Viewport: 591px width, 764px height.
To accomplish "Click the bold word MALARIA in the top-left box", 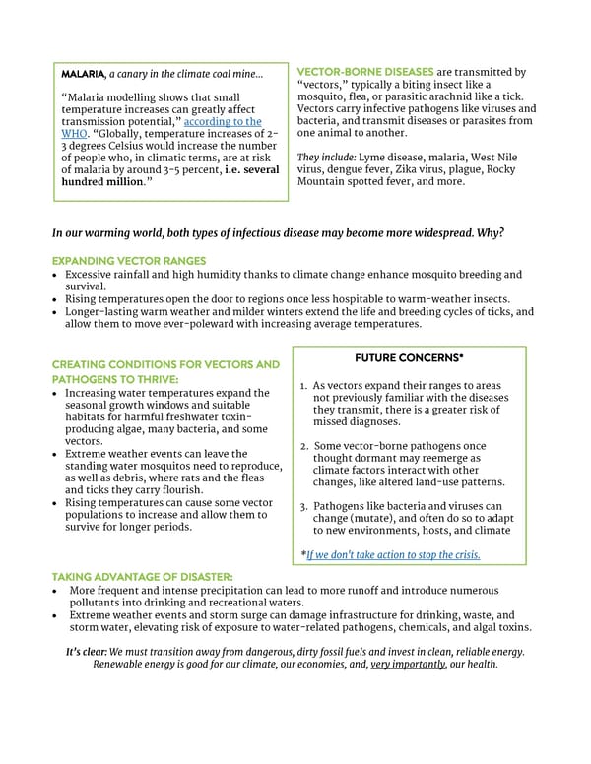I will coord(84,74).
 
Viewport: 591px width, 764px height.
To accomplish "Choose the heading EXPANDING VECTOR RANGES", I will coord(128,260).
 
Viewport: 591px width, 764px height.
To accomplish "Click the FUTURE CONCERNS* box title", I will coord(409,358).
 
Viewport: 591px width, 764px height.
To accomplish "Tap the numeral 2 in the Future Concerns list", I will coord(304,447).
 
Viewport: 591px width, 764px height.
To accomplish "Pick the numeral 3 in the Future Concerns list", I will coord(304,507).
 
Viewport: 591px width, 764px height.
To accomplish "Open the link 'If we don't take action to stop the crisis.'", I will coord(393,554).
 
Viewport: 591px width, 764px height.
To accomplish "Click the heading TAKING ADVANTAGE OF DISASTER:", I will coord(142,575).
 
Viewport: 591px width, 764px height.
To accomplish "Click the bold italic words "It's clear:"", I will coord(86,651).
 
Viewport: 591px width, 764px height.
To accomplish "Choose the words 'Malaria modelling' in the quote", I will coord(114,97).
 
